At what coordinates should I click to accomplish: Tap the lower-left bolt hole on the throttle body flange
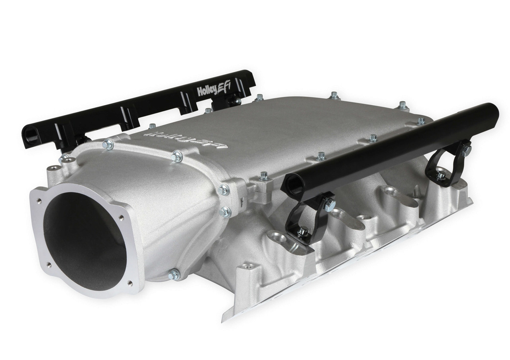click(49, 264)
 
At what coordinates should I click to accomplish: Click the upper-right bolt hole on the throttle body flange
click(120, 218)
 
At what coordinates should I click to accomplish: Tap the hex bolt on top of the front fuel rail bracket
click(330, 205)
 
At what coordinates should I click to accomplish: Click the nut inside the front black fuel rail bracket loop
click(302, 231)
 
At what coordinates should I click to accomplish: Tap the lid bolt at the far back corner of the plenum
click(403, 105)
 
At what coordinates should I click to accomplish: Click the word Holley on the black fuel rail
click(206, 91)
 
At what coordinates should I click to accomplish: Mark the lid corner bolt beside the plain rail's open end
click(263, 175)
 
